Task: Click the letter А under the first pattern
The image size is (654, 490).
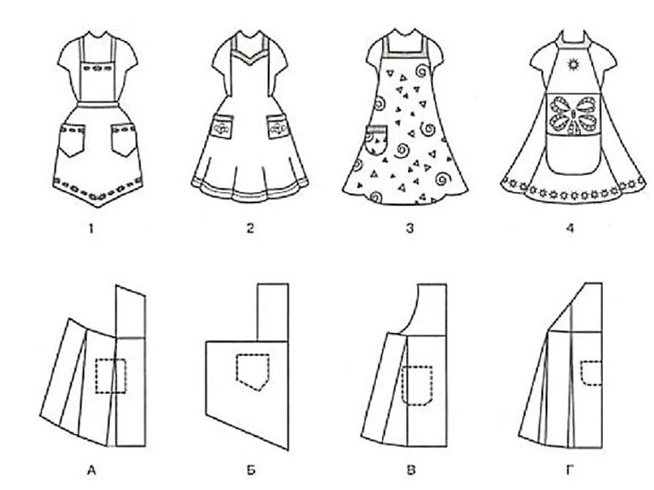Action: (x=91, y=470)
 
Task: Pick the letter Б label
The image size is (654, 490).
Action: (x=250, y=470)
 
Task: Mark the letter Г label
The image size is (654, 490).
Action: (x=570, y=470)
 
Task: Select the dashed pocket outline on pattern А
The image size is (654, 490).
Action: (x=110, y=375)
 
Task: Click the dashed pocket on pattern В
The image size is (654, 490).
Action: (x=417, y=385)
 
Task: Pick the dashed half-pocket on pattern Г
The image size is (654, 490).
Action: (x=591, y=374)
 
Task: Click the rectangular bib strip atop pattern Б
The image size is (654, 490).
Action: (x=272, y=312)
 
